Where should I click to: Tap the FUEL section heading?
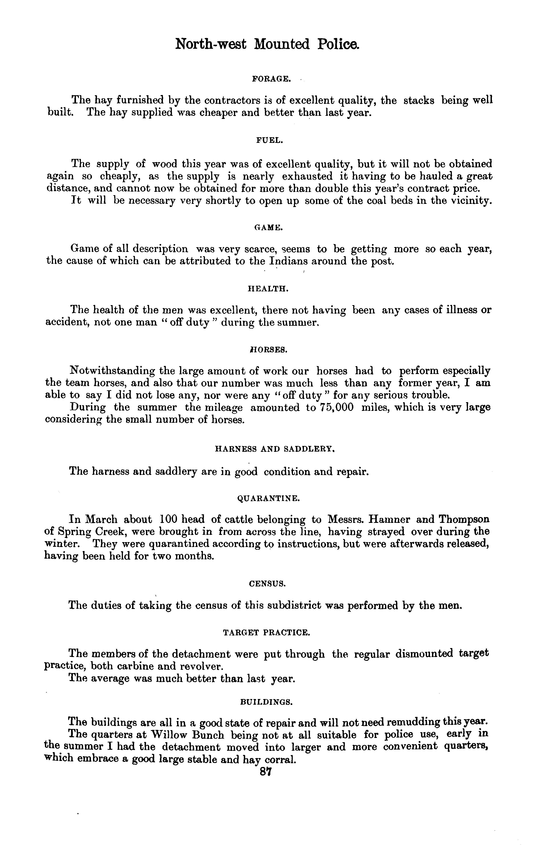click(270, 141)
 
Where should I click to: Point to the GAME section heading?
click(269, 228)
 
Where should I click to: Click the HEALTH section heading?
click(268, 289)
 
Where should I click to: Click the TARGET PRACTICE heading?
click(267, 632)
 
